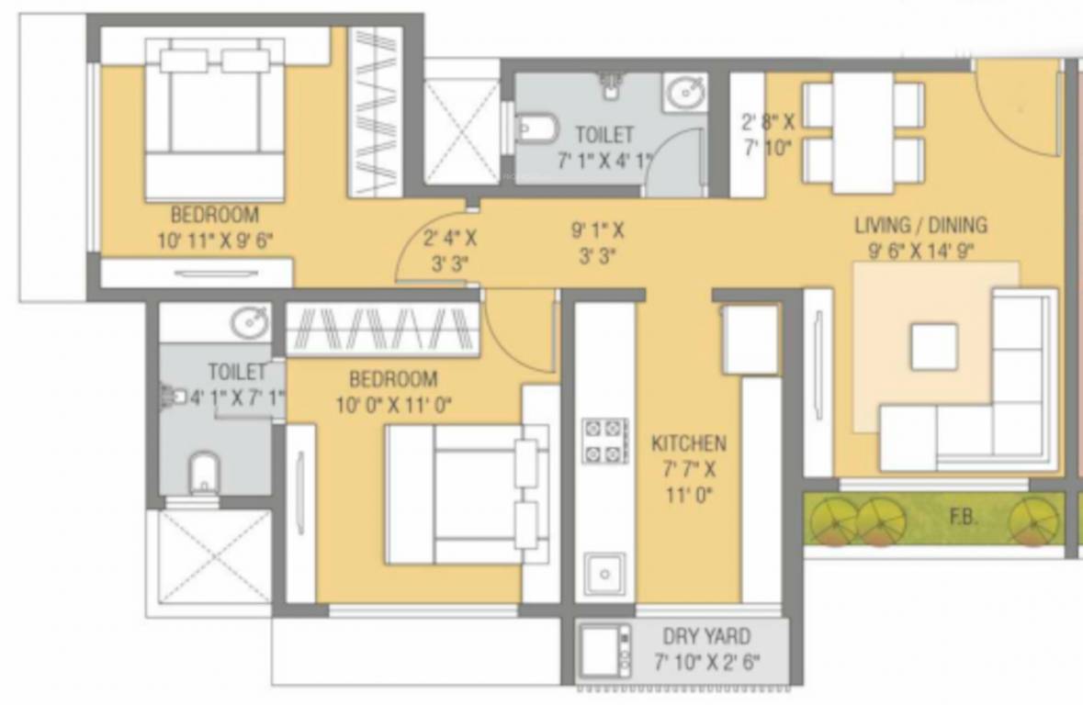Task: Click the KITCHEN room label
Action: coord(688,443)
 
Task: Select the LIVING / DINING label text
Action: coord(920,225)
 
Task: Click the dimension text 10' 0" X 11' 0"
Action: coord(392,404)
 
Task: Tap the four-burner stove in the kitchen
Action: coord(604,440)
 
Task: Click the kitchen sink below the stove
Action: coord(604,574)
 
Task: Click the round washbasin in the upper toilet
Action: coord(684,92)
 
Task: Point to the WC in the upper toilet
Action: coord(536,128)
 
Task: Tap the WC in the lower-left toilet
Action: coord(203,473)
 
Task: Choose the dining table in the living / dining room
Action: coord(863,132)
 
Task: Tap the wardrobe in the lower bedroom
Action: coord(383,328)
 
